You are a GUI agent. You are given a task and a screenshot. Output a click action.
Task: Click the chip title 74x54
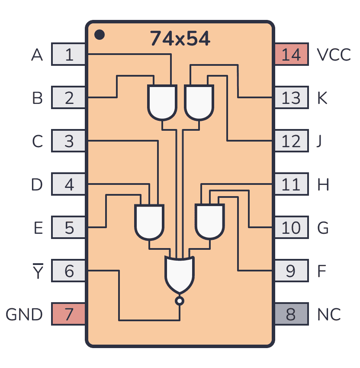point(180,39)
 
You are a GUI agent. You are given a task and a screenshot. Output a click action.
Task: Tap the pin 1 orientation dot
point(100,35)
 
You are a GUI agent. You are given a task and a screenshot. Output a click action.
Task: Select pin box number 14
point(291,55)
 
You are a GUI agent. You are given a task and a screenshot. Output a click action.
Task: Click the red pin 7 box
point(69,314)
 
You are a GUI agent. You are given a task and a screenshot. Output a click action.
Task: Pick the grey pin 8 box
point(291,314)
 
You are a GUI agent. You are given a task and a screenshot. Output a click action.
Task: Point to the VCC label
point(334,55)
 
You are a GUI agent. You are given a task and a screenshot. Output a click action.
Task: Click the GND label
point(24,315)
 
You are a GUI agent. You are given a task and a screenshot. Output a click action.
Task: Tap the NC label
point(328,315)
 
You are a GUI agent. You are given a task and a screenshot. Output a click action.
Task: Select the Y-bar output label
point(38,271)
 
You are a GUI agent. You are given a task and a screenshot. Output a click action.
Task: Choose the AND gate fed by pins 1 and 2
point(162,102)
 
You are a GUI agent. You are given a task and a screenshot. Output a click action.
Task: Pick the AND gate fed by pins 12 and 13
point(199,102)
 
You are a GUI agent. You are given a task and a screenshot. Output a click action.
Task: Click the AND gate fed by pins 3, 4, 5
point(150,222)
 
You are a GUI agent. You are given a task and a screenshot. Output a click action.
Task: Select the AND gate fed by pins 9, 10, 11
point(209,222)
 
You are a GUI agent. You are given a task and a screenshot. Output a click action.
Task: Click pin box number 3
point(69,141)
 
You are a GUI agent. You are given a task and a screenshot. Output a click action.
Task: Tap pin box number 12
point(291,141)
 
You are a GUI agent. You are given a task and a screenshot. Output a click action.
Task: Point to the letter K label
point(322,98)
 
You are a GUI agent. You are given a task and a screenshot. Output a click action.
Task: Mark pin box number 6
point(69,271)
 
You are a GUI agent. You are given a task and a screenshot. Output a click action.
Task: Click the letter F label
point(321,271)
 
